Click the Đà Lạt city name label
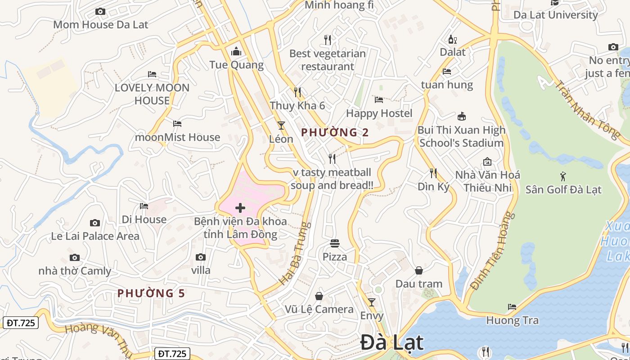tap(391, 343)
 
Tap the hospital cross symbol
tap(240, 208)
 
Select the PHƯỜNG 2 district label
tap(335, 132)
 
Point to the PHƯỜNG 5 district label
tap(151, 293)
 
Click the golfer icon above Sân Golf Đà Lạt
tap(563, 176)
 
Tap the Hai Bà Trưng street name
tap(295, 253)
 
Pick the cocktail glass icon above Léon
tap(281, 125)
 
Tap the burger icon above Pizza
tap(335, 243)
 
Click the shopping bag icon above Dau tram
tap(419, 270)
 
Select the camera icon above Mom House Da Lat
tap(100, 12)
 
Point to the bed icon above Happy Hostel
tap(379, 99)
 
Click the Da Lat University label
tap(555, 14)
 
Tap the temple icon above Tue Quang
tap(236, 52)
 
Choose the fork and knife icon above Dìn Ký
tap(433, 173)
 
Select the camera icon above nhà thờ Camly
tap(75, 258)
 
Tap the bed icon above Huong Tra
tap(512, 307)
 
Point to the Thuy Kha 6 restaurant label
tap(297, 106)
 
